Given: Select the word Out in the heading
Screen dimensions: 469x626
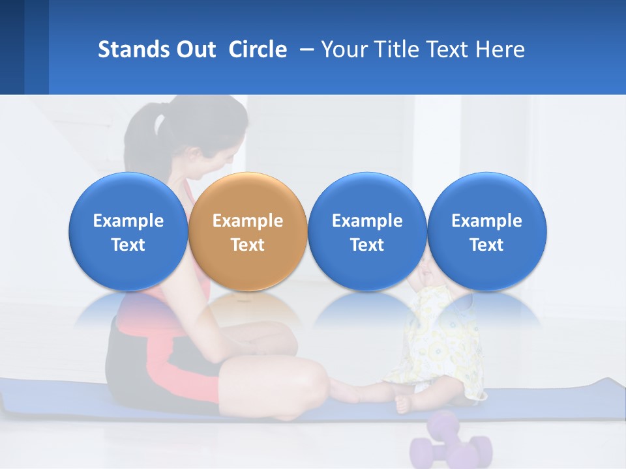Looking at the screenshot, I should click(x=195, y=50).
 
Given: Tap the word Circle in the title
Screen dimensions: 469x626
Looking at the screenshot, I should click(x=258, y=50).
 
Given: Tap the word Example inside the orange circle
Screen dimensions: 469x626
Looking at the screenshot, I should click(x=248, y=221).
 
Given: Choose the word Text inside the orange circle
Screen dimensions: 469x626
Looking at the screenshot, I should click(x=248, y=245).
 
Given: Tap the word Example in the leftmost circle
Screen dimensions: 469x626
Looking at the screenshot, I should click(x=128, y=221).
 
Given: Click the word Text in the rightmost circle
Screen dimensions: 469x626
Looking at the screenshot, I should click(x=487, y=245).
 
